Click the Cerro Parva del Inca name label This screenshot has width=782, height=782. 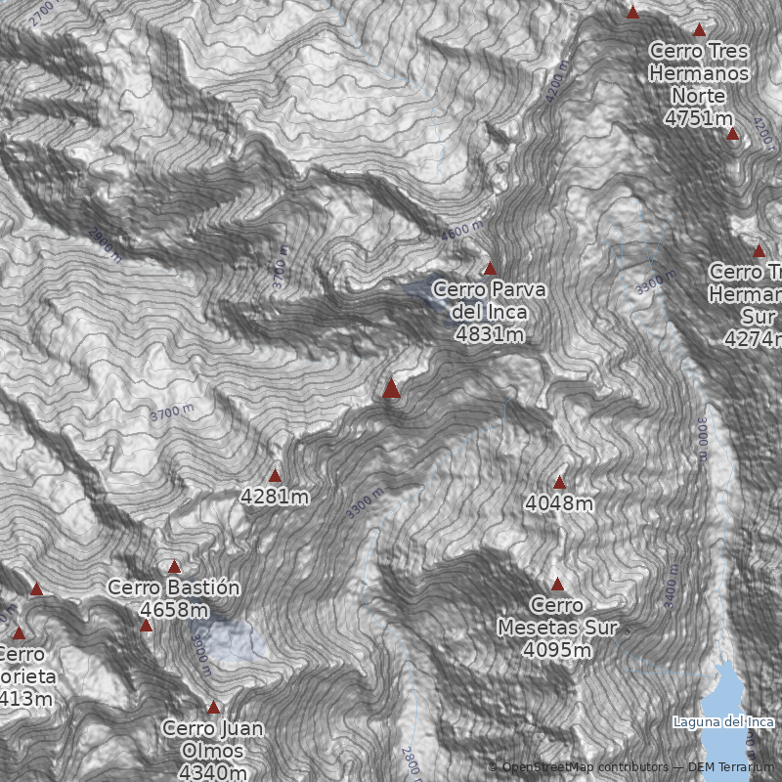pyautogui.click(x=489, y=300)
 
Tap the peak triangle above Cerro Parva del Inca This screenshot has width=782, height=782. pyautogui.click(x=490, y=268)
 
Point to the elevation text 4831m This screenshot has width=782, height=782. pyautogui.click(x=489, y=334)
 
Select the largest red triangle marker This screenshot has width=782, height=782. pyautogui.click(x=391, y=388)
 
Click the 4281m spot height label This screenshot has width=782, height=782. pyautogui.click(x=275, y=497)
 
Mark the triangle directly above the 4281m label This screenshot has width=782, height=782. pyautogui.click(x=275, y=476)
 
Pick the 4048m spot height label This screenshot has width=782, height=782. pyautogui.click(x=559, y=503)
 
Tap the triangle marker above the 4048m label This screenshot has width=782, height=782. pyautogui.click(x=559, y=482)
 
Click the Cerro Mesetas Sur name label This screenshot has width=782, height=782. pyautogui.click(x=557, y=616)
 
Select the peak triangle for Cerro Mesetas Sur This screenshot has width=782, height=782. pyautogui.click(x=557, y=585)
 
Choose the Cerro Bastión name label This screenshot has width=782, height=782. pyautogui.click(x=174, y=587)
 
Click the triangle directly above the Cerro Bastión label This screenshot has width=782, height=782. pyautogui.click(x=174, y=567)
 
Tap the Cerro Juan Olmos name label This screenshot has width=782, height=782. pyautogui.click(x=213, y=739)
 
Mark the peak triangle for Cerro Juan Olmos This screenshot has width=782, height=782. pyautogui.click(x=213, y=707)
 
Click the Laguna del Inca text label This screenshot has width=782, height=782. pyautogui.click(x=723, y=722)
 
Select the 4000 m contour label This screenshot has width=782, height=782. pyautogui.click(x=461, y=233)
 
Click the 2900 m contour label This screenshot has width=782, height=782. pyautogui.click(x=105, y=244)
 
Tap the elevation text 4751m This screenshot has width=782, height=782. pyautogui.click(x=698, y=118)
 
